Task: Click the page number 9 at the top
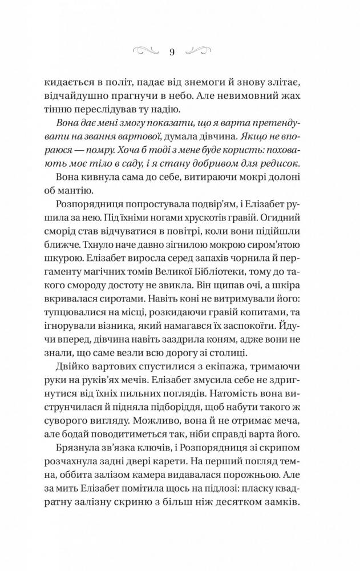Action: pos(172,51)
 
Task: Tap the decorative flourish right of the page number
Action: pos(197,50)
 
